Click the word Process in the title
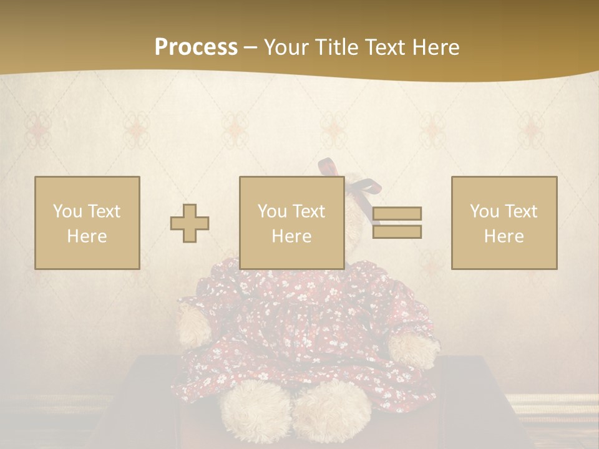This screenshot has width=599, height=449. [x=196, y=47]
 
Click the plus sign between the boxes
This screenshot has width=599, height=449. [x=190, y=223]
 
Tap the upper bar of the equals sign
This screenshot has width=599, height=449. [x=397, y=213]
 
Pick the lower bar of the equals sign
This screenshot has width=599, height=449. [x=397, y=231]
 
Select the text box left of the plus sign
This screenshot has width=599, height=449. [x=87, y=223]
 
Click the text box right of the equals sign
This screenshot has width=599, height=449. [x=504, y=223]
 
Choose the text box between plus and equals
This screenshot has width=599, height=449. [x=291, y=223]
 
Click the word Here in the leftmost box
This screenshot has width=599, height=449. [x=87, y=236]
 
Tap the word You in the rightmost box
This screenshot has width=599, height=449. [x=484, y=211]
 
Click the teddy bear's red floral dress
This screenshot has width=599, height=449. [x=293, y=324]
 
